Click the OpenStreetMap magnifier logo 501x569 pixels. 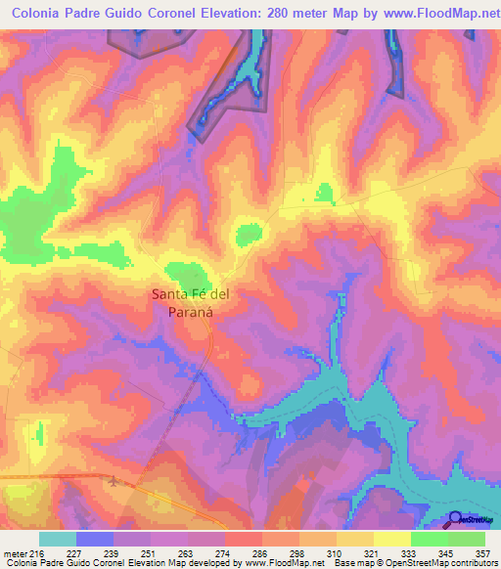[x=454, y=521]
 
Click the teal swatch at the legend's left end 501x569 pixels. [x=58, y=539]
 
